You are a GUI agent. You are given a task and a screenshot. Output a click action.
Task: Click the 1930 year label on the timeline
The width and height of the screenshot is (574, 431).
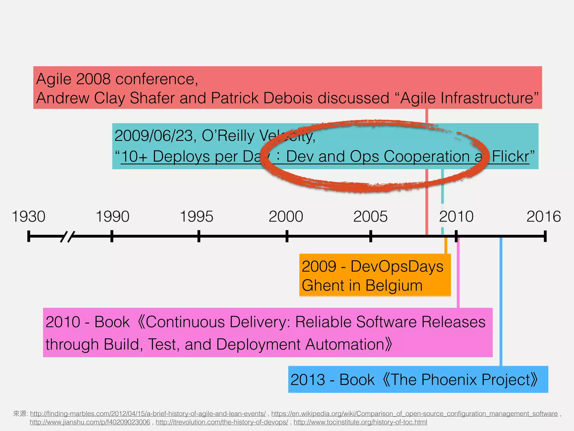point(29,217)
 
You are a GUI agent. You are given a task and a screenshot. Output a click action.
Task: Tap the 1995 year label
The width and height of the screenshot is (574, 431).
point(196,217)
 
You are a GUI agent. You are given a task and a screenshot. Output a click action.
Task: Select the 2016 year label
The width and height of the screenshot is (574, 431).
point(543,217)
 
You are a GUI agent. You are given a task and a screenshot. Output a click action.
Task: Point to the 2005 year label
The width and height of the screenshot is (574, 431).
point(370,217)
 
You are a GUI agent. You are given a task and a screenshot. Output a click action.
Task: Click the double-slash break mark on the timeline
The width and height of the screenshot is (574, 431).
point(68,237)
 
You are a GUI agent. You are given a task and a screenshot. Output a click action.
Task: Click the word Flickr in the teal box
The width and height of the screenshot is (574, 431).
point(510,156)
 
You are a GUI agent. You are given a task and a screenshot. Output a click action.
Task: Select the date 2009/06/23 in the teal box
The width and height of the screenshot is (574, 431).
point(153,136)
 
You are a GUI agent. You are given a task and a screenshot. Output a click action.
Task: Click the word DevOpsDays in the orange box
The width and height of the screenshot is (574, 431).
point(397,266)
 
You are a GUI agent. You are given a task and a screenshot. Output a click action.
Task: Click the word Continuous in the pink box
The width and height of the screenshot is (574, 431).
point(185,322)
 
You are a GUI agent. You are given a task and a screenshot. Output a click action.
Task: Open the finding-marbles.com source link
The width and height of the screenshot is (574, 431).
point(148,414)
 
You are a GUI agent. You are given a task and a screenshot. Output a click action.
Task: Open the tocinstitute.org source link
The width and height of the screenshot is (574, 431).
point(360,422)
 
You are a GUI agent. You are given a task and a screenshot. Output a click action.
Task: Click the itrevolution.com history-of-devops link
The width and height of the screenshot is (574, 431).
point(222,422)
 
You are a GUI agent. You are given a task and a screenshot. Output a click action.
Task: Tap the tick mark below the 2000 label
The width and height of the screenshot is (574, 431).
point(287,236)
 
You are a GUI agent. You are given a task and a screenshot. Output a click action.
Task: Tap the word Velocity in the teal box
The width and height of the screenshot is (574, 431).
point(286,136)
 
